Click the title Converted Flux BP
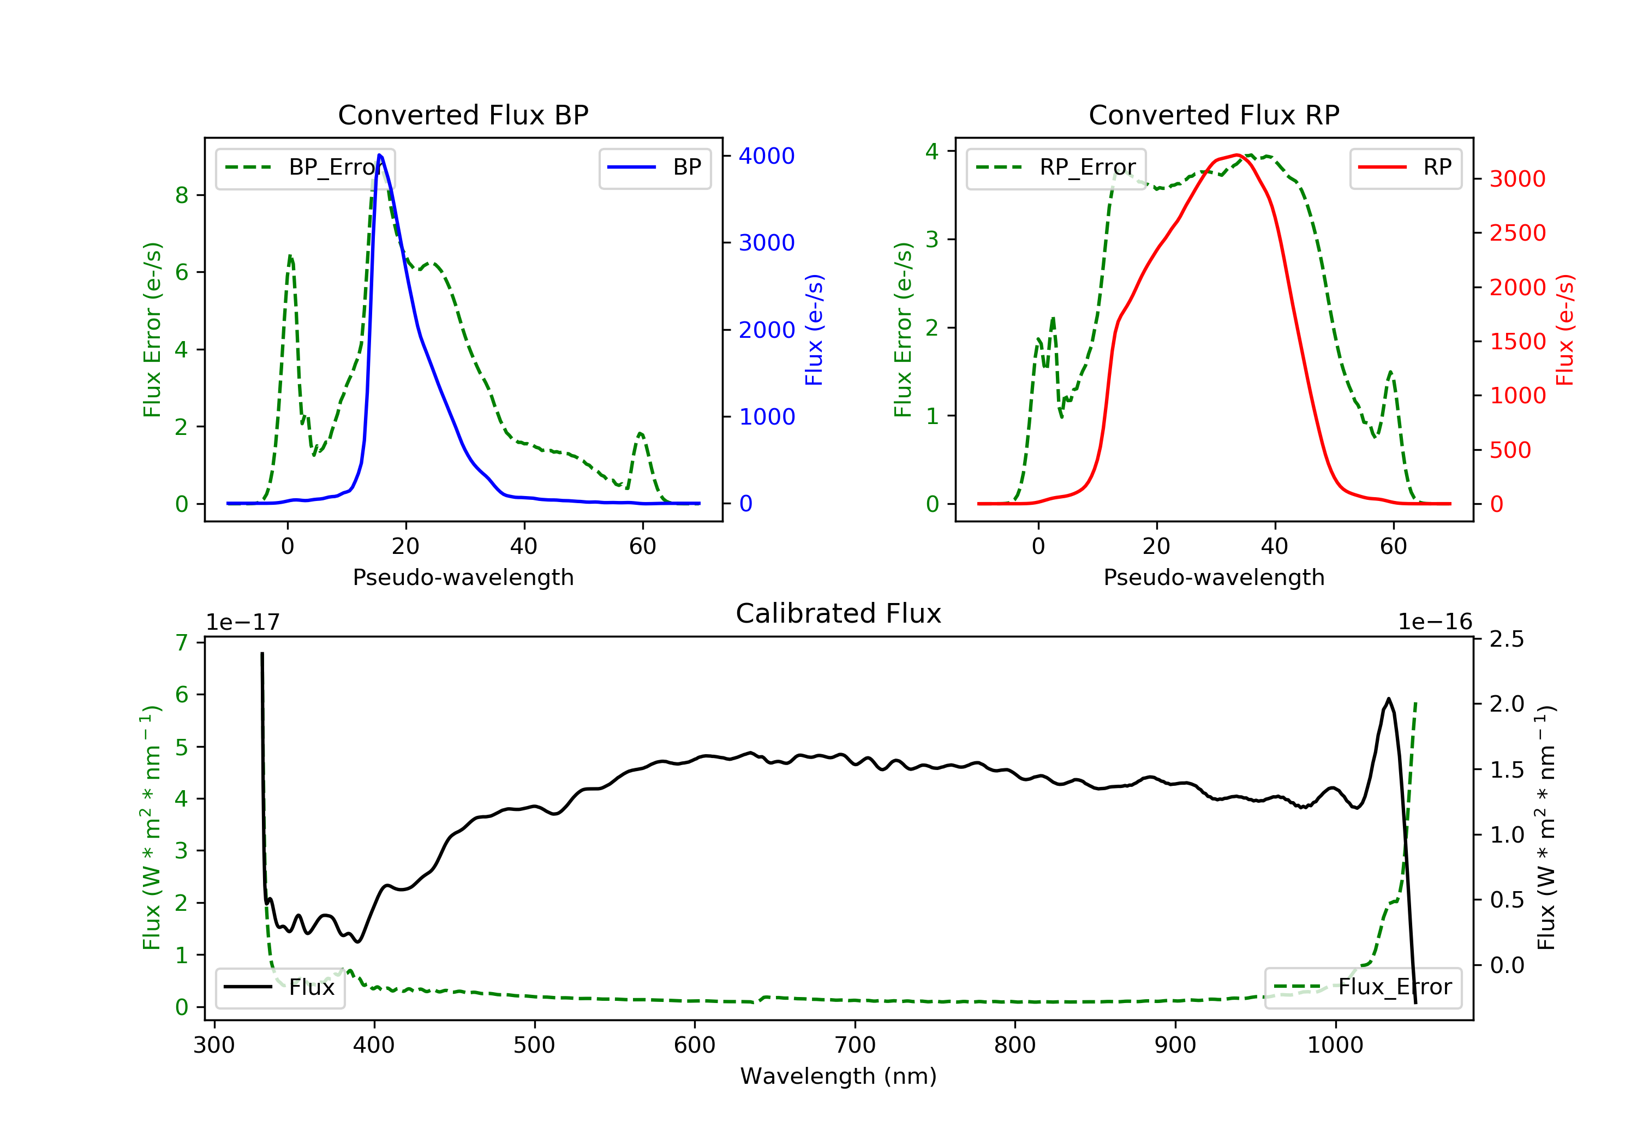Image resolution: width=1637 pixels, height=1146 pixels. pyautogui.click(x=463, y=115)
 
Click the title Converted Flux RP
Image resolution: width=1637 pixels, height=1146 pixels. pyautogui.click(x=1214, y=115)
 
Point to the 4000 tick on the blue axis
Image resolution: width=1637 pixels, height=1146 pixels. pyautogui.click(x=767, y=156)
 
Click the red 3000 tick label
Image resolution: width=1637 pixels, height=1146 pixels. pyautogui.click(x=1517, y=179)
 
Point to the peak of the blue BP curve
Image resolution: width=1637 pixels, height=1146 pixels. pyautogui.click(x=379, y=155)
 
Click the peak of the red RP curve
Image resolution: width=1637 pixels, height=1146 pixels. pyautogui.click(x=1237, y=155)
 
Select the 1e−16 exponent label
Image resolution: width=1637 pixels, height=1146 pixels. pyautogui.click(x=1435, y=622)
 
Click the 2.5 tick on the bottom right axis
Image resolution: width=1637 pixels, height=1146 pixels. pyautogui.click(x=1507, y=639)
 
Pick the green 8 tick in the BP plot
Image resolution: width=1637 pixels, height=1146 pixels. pyautogui.click(x=182, y=195)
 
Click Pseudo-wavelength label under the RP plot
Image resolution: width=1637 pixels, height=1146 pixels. pyautogui.click(x=1214, y=577)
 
